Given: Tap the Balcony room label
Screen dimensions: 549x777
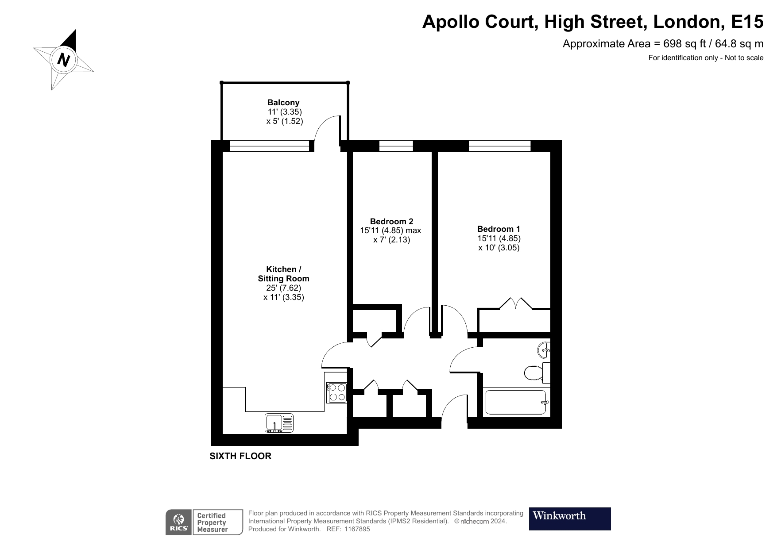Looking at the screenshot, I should [283, 103].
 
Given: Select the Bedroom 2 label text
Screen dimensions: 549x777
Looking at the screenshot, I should [391, 221].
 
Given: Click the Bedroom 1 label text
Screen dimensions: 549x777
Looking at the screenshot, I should [499, 229].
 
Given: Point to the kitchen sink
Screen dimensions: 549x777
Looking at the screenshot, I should [279, 422].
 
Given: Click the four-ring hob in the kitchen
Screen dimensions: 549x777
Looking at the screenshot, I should [336, 392].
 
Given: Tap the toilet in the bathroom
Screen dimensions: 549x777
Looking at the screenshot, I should [533, 372].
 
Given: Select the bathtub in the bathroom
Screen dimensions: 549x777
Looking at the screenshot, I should [516, 402].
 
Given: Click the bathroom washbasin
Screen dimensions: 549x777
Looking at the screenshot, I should [544, 350].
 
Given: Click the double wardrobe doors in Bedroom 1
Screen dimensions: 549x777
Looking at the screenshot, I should [515, 303].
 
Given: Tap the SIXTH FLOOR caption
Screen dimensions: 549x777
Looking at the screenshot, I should [240, 456].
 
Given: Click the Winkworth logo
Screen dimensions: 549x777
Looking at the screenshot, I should [570, 518].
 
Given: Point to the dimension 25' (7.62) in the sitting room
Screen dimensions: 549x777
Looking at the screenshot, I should [283, 288].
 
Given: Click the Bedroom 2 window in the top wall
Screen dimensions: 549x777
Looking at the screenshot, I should [396, 146].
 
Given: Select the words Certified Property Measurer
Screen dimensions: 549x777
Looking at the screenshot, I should [212, 522].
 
